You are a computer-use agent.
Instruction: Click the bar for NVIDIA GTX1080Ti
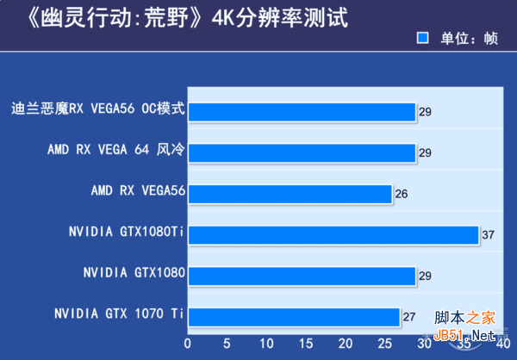pyautogui.click(x=333, y=235)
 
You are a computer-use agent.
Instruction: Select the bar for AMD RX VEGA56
pyautogui.click(x=290, y=194)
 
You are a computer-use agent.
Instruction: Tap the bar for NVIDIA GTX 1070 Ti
pyautogui.click(x=294, y=317)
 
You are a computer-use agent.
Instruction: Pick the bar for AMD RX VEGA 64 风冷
pyautogui.click(x=302, y=152)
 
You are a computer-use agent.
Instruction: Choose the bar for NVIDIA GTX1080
pyautogui.click(x=302, y=276)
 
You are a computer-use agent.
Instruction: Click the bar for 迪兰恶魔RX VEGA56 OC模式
pyautogui.click(x=302, y=111)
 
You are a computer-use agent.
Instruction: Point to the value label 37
pyautogui.click(x=488, y=236)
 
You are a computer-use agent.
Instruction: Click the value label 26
pyautogui.click(x=401, y=195)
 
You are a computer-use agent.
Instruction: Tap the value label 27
pyautogui.click(x=408, y=318)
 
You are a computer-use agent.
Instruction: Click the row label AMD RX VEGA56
pyautogui.click(x=139, y=189)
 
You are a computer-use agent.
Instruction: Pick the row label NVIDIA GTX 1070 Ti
pyautogui.click(x=119, y=313)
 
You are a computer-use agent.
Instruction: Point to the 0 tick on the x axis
pyautogui.click(x=188, y=343)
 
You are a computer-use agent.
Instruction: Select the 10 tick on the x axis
pyautogui.click(x=266, y=343)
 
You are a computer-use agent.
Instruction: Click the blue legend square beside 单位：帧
pyautogui.click(x=423, y=38)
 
